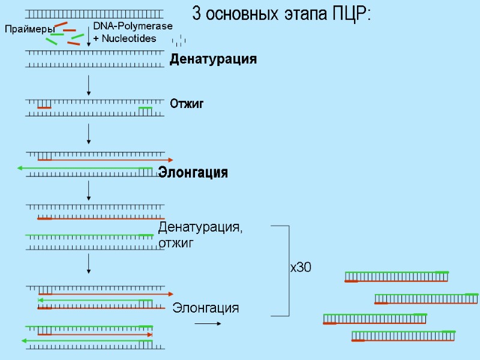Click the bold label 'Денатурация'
tap(213, 59)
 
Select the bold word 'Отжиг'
tap(187, 104)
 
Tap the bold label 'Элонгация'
tap(193, 173)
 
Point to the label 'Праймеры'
tap(29, 29)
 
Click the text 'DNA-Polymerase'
tap(133, 26)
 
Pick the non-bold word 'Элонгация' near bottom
tap(206, 308)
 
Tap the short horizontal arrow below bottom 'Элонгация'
tap(208, 323)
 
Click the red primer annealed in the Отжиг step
tap(44, 107)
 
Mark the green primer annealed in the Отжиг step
tap(146, 107)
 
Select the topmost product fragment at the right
tap(397, 277)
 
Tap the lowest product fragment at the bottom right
tap(403, 336)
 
